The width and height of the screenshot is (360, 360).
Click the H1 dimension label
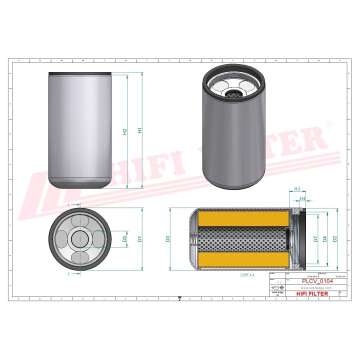click(x=140, y=130)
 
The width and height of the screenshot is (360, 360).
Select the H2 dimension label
click(x=125, y=131)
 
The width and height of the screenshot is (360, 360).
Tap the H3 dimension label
click(x=296, y=189)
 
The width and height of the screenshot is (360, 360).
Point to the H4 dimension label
click(x=302, y=199)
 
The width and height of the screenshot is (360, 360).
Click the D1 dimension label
click(x=140, y=239)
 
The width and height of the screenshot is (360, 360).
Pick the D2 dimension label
click(x=335, y=238)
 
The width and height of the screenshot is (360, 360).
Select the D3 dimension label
click(x=168, y=239)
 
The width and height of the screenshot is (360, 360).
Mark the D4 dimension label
click(x=325, y=238)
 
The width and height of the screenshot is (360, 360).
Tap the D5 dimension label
click(x=124, y=239)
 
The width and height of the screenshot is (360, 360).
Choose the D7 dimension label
click(x=315, y=238)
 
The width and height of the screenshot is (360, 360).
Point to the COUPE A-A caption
click(x=248, y=275)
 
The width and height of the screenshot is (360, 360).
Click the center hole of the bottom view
click(x=80, y=239)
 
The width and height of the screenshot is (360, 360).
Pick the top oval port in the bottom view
click(x=80, y=221)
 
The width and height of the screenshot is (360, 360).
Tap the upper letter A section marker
click(x=68, y=205)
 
